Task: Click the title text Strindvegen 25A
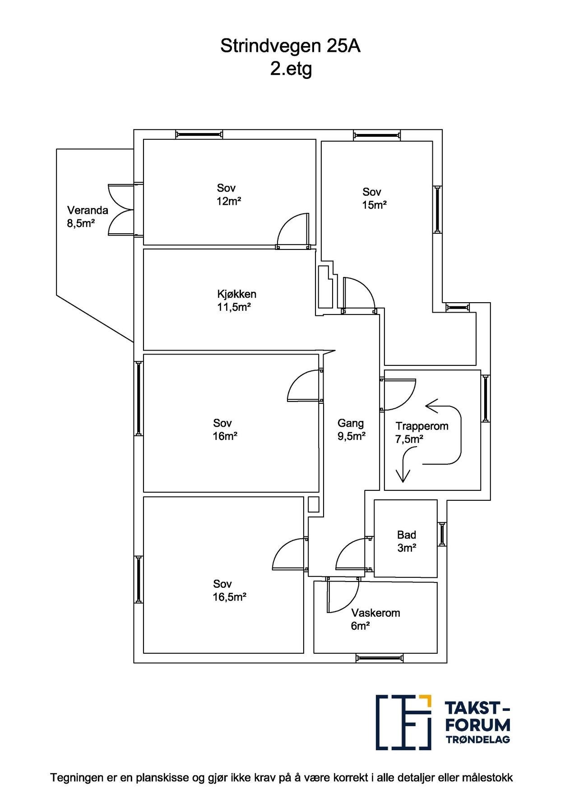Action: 290,46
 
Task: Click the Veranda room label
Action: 88,210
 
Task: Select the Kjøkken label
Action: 236,294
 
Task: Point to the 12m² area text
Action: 229,201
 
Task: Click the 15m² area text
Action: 374,205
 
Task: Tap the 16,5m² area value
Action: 229,597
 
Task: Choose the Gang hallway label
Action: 351,424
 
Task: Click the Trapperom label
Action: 422,426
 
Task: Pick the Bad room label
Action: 407,535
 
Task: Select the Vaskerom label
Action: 375,613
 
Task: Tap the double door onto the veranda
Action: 121,209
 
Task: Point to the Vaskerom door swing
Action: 343,595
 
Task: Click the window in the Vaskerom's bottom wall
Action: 379,658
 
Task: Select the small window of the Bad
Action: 442,534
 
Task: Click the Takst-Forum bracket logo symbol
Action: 404,723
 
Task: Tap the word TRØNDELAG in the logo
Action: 478,739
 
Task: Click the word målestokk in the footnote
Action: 490,778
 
